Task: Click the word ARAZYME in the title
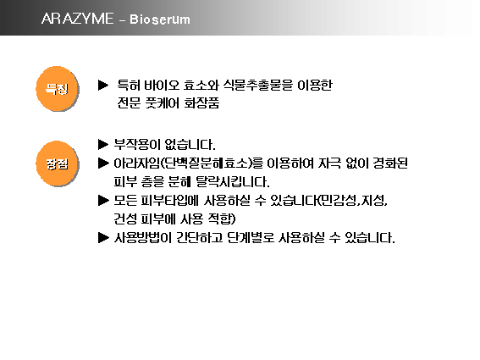pos(75,19)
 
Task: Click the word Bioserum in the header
pos(160,19)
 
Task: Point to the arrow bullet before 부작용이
pos(104,143)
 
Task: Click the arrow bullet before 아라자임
pos(104,163)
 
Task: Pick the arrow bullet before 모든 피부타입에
pos(104,201)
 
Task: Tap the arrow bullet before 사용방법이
pos(104,238)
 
